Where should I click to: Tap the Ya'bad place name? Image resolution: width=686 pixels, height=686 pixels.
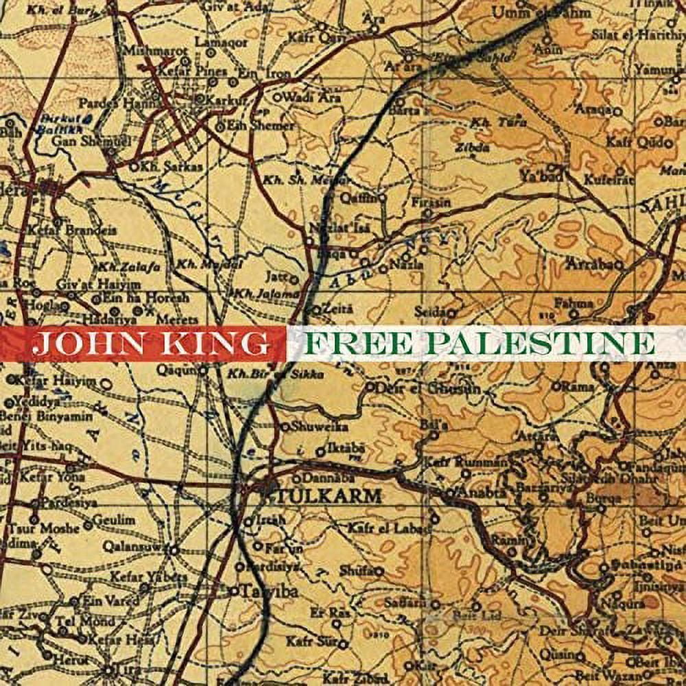(541, 177)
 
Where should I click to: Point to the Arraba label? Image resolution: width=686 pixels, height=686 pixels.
(593, 263)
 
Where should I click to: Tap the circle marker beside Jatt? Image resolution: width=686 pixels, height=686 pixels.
(295, 279)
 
